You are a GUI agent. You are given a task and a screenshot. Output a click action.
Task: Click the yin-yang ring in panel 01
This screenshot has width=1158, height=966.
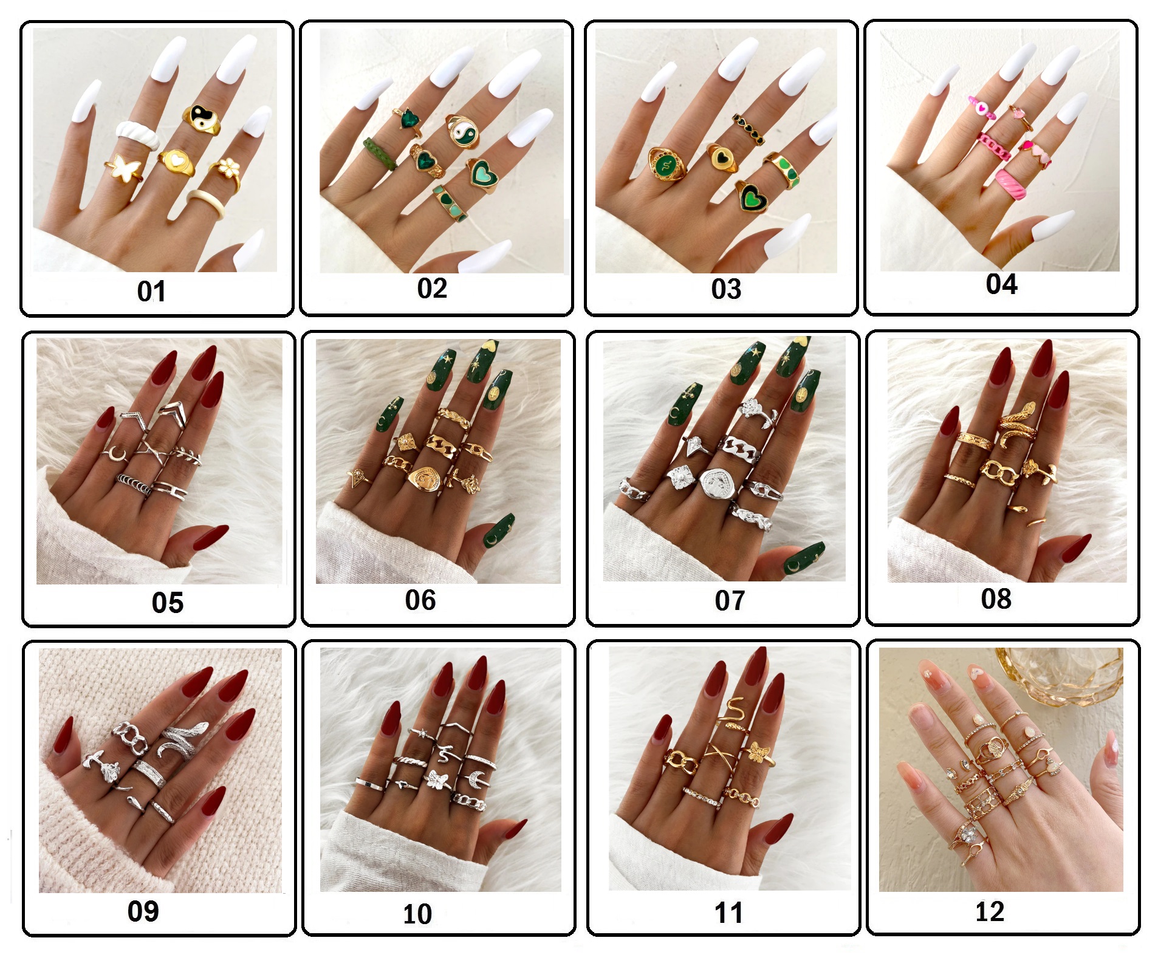[201, 118]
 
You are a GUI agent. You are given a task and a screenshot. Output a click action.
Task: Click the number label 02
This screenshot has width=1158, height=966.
[432, 288]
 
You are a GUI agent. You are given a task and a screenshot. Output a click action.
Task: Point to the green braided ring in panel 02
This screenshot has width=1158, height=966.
[380, 153]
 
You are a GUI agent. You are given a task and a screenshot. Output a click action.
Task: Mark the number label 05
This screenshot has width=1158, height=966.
[168, 603]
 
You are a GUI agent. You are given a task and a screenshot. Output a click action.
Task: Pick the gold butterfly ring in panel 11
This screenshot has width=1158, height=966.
[759, 753]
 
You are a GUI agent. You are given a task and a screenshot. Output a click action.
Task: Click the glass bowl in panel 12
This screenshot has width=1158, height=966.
[1061, 672]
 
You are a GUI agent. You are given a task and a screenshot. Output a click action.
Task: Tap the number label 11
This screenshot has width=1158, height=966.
[728, 913]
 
